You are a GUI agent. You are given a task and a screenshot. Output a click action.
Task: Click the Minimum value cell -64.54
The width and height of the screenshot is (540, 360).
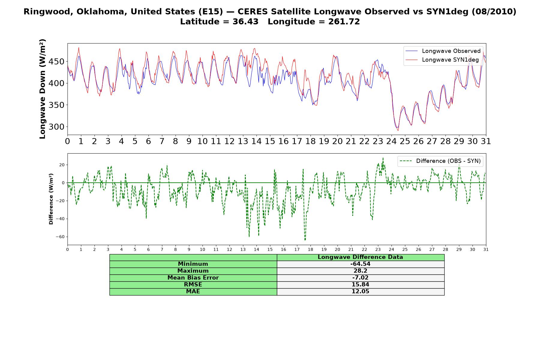[x=360, y=264]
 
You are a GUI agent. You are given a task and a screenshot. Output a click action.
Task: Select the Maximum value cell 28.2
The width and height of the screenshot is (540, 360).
[x=360, y=271]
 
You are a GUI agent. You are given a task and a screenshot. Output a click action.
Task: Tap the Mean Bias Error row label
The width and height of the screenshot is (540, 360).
[x=193, y=278]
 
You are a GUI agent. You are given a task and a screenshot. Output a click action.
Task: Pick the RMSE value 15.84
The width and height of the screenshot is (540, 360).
[x=360, y=285]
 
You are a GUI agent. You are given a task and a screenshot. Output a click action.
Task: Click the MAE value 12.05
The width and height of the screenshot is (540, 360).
[x=360, y=292]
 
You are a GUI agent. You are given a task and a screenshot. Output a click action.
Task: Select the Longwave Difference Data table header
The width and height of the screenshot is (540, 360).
[x=360, y=257]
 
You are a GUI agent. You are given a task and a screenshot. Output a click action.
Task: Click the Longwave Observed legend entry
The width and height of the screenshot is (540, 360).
[x=442, y=51]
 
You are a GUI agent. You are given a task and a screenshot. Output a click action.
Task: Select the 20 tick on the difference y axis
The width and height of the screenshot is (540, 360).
[x=62, y=165]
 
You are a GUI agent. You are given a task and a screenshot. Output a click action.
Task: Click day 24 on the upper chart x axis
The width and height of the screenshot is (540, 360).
[x=391, y=141]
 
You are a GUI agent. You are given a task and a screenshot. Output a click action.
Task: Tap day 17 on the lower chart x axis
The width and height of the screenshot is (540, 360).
[x=297, y=250]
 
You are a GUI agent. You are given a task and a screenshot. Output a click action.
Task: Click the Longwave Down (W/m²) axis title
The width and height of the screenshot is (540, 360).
[x=43, y=89]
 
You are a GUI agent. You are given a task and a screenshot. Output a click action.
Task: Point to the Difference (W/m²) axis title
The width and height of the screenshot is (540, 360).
[x=51, y=199]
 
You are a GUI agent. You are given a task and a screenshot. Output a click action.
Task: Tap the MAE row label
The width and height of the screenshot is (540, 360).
[x=193, y=292]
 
